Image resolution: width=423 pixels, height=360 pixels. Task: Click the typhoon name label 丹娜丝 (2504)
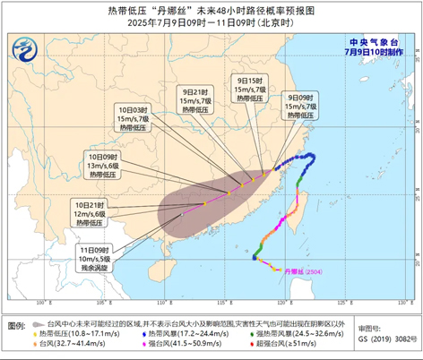(301, 270)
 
